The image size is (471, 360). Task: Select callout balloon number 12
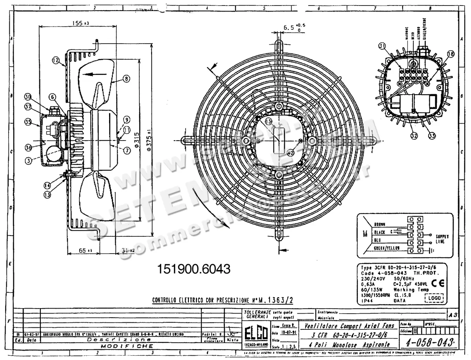tap(55, 60)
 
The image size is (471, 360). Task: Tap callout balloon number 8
tap(126, 79)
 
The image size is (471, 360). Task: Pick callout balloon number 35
tap(28, 122)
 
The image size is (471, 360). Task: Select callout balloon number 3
tap(29, 160)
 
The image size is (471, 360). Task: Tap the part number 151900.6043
tap(194, 269)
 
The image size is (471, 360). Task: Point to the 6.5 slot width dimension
tap(290, 28)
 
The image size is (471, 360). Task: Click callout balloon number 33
tap(432, 136)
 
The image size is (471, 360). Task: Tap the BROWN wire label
tap(380, 225)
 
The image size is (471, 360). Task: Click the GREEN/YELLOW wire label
tap(386, 249)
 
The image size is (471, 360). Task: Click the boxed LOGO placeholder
tap(434, 298)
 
